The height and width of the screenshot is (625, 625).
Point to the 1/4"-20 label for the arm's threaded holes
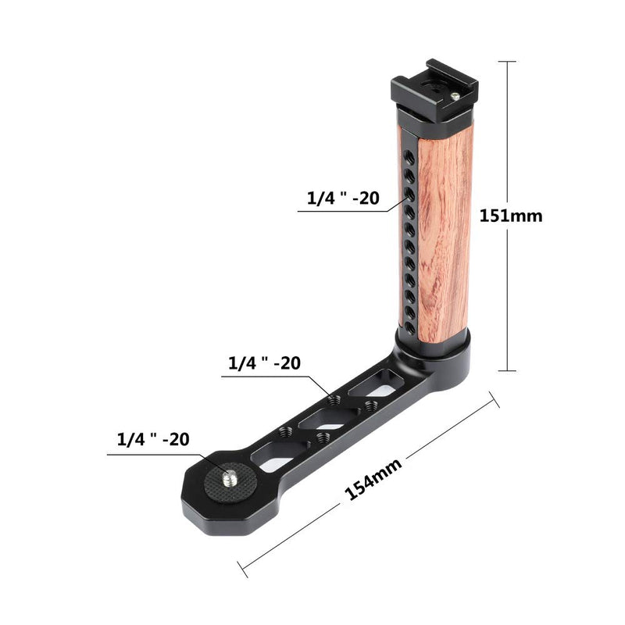[263, 363]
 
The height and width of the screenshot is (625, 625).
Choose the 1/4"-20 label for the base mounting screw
[152, 439]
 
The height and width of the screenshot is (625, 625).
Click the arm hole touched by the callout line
[334, 399]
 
